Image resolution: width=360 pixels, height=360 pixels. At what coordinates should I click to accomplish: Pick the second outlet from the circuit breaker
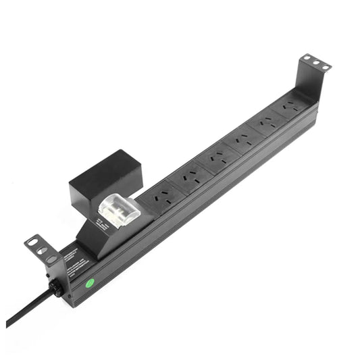pyautogui.click(x=188, y=178)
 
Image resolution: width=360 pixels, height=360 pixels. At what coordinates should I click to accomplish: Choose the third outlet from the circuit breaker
pyautogui.click(x=215, y=159)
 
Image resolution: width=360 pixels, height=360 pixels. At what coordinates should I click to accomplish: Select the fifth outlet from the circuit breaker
pyautogui.click(x=268, y=124)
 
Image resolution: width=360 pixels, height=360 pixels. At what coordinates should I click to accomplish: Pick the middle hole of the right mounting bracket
pyautogui.click(x=315, y=63)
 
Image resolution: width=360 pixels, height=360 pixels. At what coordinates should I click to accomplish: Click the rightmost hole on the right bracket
pyautogui.click(x=324, y=66)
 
